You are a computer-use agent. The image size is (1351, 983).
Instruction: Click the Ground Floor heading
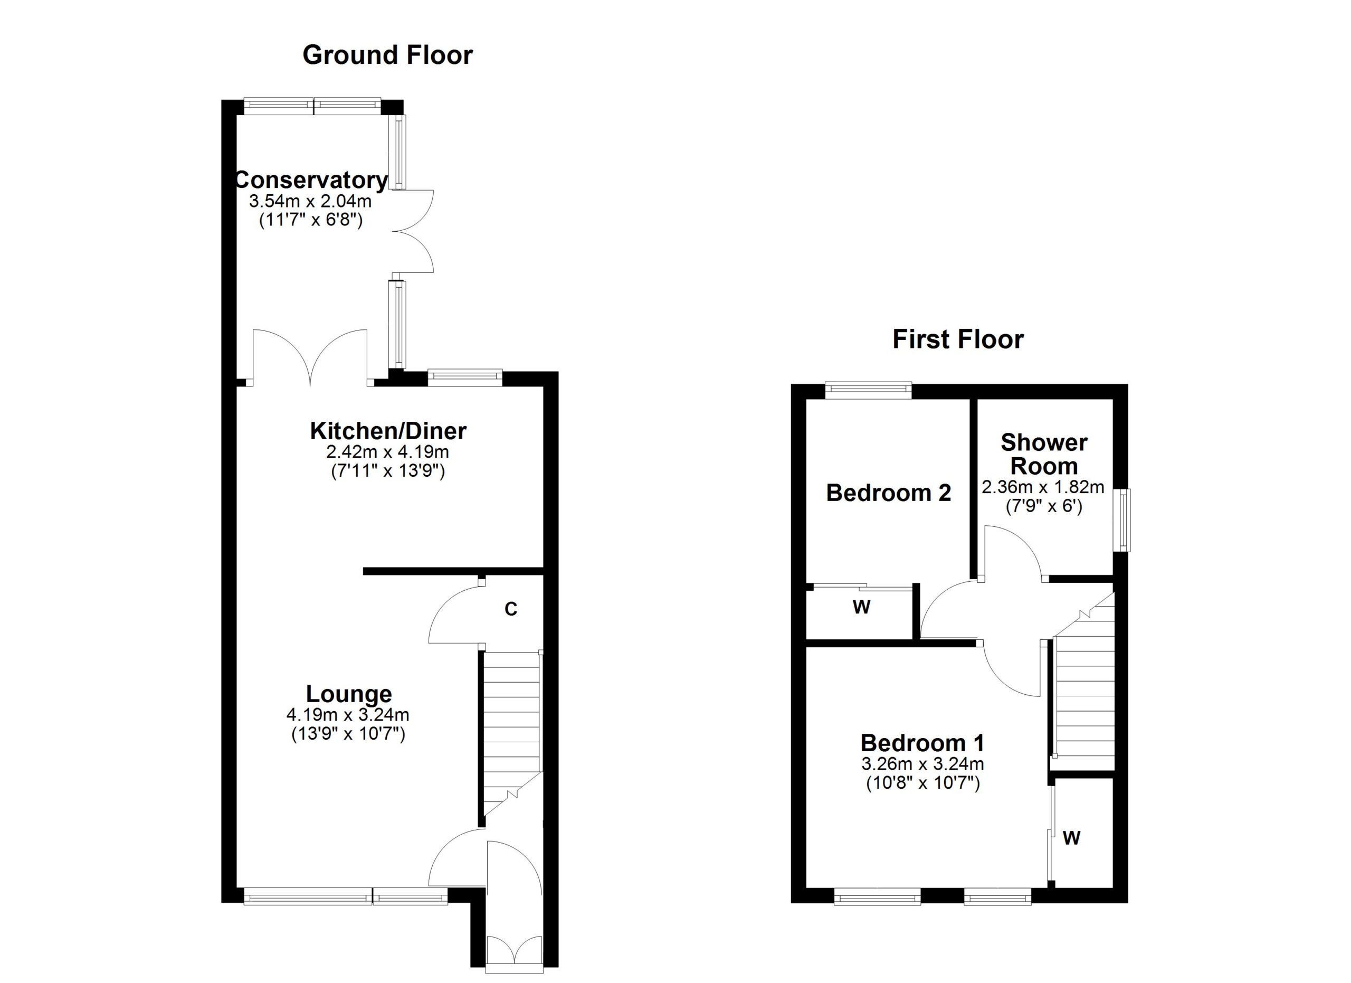(387, 55)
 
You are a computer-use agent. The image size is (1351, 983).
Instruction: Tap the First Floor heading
(958, 339)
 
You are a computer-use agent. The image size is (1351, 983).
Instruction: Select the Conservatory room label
(311, 179)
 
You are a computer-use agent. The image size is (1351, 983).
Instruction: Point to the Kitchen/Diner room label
(388, 431)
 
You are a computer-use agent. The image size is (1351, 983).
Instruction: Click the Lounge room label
(349, 694)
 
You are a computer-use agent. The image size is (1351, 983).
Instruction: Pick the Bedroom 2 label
(888, 493)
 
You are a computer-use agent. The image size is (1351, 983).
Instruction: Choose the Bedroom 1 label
(922, 743)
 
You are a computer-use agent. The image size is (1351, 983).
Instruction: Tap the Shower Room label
(1044, 454)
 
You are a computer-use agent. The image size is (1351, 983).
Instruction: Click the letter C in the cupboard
(510, 609)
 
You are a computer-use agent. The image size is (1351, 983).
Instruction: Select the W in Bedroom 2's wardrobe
(861, 607)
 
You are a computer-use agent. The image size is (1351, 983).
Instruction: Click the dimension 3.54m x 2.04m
(310, 200)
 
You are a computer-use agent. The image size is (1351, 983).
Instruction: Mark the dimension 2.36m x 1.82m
(1043, 487)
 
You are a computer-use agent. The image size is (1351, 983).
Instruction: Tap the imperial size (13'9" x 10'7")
(348, 734)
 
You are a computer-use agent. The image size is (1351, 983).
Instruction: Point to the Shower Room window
(1123, 520)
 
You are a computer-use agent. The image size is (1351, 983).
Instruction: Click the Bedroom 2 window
(869, 389)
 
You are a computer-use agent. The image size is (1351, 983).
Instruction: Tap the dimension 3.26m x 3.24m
(922, 764)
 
